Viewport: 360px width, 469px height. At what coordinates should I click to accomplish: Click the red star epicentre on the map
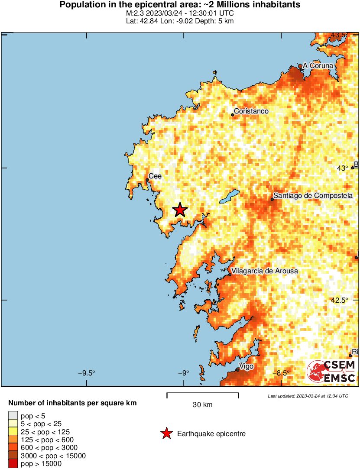(180, 210)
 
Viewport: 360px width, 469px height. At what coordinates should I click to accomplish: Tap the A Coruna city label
(318, 65)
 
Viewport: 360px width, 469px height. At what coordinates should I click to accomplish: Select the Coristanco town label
(251, 111)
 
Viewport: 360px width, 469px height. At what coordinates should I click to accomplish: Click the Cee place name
(156, 176)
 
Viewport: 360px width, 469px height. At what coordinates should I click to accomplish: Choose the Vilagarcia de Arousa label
(265, 271)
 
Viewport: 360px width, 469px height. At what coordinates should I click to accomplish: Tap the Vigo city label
(246, 366)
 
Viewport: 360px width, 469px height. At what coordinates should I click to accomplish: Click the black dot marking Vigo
(237, 369)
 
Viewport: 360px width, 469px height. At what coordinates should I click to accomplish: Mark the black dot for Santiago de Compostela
(272, 199)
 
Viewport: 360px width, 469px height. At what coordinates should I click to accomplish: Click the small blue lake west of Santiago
(229, 196)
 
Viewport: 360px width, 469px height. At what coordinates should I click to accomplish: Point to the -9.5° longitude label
(86, 373)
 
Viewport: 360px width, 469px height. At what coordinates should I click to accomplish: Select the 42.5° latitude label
(340, 300)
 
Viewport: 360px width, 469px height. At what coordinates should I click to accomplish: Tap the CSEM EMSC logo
(332, 372)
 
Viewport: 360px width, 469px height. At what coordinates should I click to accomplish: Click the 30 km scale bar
(202, 394)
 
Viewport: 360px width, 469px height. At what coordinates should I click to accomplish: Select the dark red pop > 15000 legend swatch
(13, 463)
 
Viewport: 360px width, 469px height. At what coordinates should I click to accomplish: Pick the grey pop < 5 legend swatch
(13, 416)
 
